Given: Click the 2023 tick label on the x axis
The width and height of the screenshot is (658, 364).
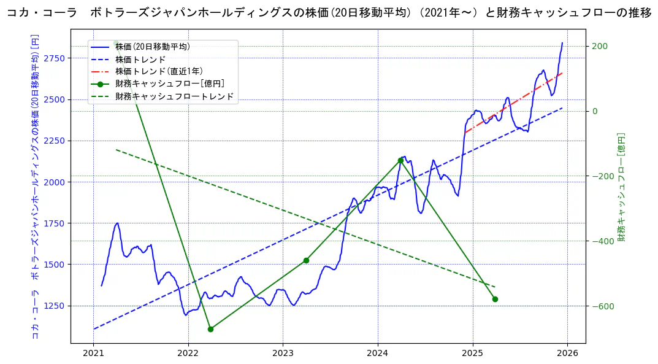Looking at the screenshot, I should (x=283, y=354).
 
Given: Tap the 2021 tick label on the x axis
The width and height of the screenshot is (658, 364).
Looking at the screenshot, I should (x=93, y=354).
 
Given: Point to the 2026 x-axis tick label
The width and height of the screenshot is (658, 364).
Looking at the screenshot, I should (x=567, y=354).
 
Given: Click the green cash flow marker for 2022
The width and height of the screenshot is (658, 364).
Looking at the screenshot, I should (x=210, y=329).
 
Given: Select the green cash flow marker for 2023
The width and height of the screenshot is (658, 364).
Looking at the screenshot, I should (x=306, y=260).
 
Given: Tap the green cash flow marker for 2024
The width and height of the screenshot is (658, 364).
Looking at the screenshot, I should (x=400, y=160).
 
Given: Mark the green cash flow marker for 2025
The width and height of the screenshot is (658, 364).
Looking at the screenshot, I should (x=495, y=299).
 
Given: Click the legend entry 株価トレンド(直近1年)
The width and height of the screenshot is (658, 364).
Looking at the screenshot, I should (x=159, y=71).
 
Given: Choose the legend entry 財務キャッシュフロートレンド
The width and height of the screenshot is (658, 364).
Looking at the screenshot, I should (x=174, y=96).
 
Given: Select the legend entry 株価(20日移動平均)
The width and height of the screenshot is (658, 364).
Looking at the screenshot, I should (x=152, y=47).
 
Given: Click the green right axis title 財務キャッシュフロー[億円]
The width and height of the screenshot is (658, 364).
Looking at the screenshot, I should (x=621, y=187).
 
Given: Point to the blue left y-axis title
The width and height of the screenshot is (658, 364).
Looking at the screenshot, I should (x=35, y=187).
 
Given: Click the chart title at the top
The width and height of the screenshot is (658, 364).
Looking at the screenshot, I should (x=329, y=14).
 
